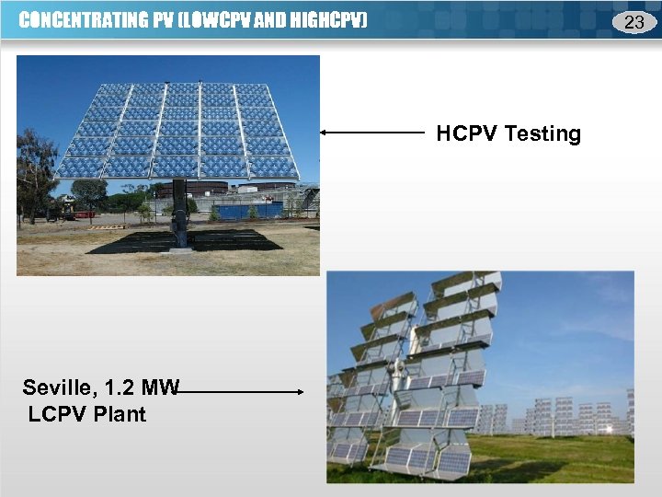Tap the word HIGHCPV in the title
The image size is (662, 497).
pyautogui.click(x=325, y=20)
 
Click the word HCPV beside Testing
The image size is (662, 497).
pyautogui.click(x=467, y=134)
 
